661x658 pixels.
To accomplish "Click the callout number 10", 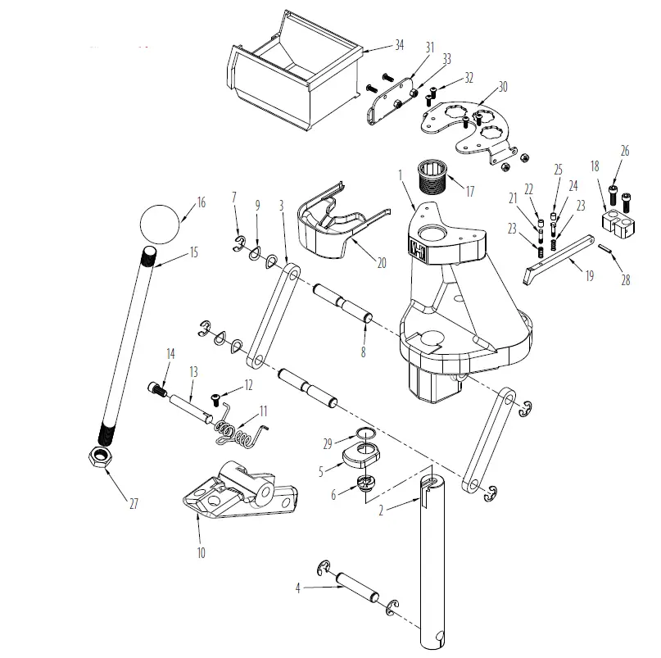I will click(201, 553).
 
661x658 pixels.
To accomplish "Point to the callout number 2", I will click(381, 511).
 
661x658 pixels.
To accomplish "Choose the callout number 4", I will click(298, 586).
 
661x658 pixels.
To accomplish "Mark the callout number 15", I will click(194, 252).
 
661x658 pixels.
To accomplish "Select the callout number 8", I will click(362, 352).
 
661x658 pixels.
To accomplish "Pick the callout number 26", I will click(625, 151).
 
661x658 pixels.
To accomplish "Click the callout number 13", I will click(193, 372).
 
